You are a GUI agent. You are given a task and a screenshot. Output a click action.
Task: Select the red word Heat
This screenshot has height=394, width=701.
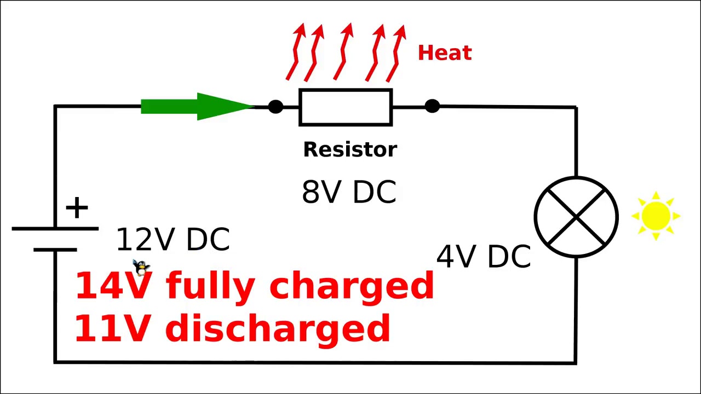(x=444, y=53)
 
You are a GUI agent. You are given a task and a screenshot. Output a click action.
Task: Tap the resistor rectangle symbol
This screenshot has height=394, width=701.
(x=346, y=107)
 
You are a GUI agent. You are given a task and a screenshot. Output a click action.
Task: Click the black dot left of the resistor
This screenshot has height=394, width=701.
(x=275, y=107)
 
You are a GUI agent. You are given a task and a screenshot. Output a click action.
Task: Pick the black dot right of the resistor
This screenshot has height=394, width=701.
(x=432, y=106)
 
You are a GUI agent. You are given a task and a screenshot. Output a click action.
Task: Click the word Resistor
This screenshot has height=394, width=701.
(x=350, y=149)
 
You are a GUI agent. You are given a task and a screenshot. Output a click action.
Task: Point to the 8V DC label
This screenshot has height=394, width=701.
(x=349, y=192)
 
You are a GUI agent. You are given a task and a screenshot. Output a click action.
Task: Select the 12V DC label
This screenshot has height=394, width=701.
(x=173, y=240)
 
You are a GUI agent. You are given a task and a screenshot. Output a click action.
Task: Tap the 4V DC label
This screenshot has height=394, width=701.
(x=484, y=256)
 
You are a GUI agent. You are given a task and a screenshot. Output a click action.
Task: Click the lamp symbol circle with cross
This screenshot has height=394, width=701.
(x=576, y=217)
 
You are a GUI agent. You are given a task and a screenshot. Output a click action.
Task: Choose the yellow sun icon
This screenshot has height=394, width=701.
(x=656, y=216)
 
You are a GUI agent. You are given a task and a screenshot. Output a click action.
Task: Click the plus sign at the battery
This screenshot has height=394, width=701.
(x=77, y=208)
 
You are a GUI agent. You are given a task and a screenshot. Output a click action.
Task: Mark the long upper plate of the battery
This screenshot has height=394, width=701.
(x=55, y=228)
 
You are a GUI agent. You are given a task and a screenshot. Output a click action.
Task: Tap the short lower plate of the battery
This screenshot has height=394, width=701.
(x=55, y=250)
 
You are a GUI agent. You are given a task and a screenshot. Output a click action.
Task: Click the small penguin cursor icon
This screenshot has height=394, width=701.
(x=141, y=268)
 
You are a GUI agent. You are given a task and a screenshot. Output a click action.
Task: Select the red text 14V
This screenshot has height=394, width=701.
(x=112, y=286)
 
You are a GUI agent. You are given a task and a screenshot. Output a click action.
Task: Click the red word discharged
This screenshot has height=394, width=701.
(x=278, y=328)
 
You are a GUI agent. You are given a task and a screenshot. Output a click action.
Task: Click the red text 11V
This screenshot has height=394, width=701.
(x=112, y=328)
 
